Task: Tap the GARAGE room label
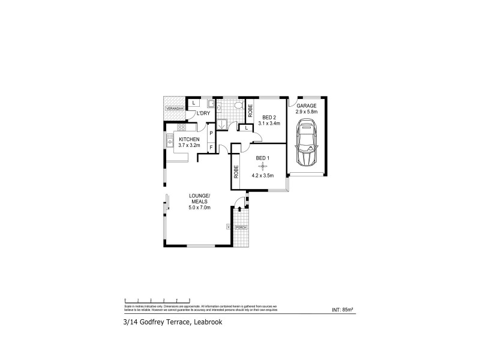coord(307,105)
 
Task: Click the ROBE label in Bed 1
coord(237,172)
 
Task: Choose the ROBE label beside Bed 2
coord(250,109)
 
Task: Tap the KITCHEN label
coord(189,139)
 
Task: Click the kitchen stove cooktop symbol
coord(181,127)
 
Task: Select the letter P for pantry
coord(211,134)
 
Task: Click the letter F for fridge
coord(211,146)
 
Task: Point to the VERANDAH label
coord(175,108)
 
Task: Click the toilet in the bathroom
coord(238,106)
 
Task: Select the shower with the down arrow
coord(221,124)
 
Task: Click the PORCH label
coord(241,227)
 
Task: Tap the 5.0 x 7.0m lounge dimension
coord(198,208)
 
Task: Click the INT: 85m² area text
coord(342,310)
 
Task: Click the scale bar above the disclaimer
coord(157,299)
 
